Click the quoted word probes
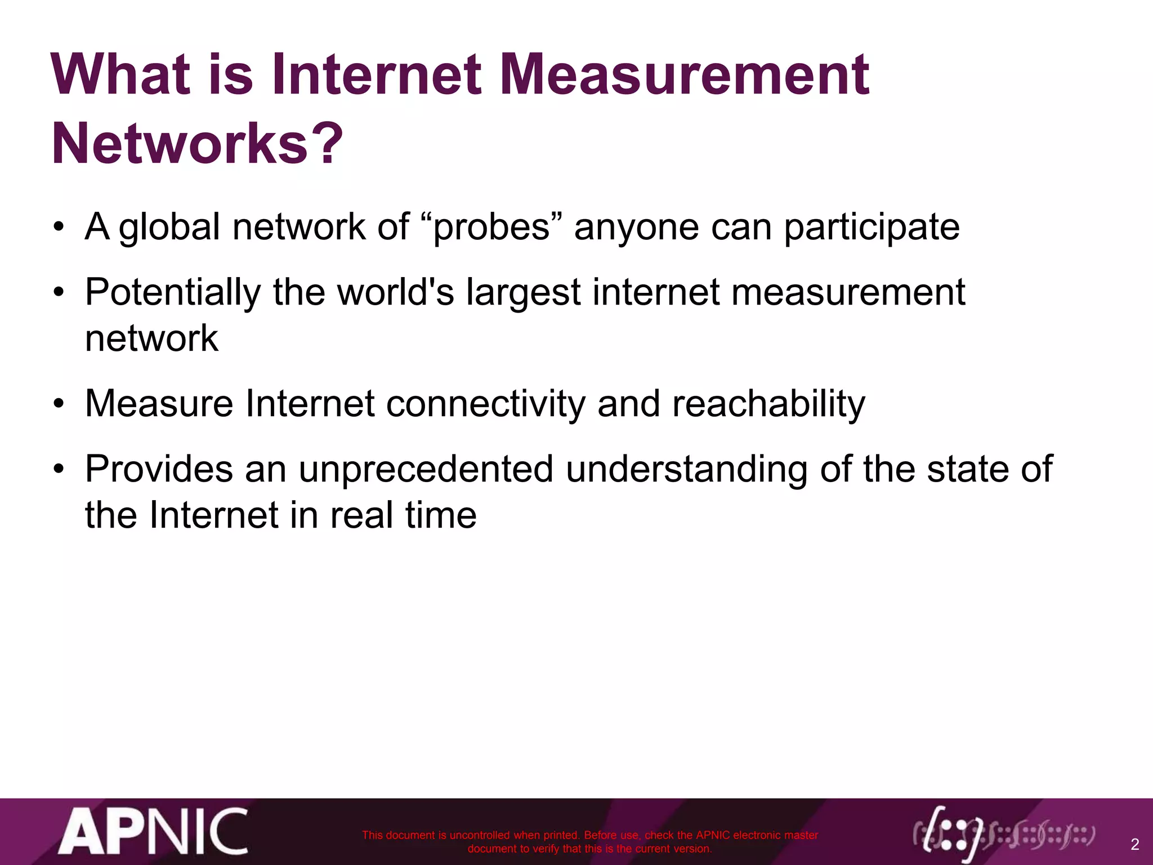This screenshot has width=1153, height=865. [x=491, y=227]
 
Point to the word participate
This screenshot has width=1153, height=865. [x=872, y=228]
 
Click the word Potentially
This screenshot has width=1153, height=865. [x=173, y=293]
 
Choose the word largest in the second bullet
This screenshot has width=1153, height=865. [x=523, y=293]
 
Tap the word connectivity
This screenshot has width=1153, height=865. [x=485, y=404]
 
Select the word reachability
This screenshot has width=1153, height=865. [x=768, y=404]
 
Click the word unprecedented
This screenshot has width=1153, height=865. [x=426, y=469]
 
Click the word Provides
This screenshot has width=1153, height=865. [x=159, y=469]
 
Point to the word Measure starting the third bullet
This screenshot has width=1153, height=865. [x=159, y=404]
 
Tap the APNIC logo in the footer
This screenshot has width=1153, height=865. [x=153, y=831]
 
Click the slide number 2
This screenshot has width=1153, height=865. [x=1134, y=844]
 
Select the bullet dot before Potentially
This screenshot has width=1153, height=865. [x=60, y=293]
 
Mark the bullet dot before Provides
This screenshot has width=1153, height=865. [x=60, y=470]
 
